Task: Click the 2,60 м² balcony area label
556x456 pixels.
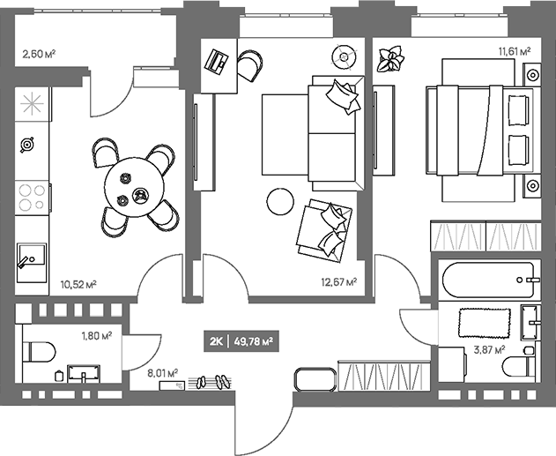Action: [39, 54]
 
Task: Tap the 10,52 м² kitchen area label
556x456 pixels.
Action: [78, 284]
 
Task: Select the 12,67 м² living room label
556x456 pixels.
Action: [339, 282]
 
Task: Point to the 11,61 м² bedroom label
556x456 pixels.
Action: [515, 52]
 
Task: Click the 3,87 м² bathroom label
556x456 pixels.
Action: [489, 350]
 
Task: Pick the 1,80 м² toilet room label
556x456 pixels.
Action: [97, 335]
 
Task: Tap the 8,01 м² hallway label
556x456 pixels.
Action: [163, 373]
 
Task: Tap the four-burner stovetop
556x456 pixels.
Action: [32, 198]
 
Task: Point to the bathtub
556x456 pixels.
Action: [491, 280]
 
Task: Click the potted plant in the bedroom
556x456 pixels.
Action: [390, 59]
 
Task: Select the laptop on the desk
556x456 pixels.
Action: [216, 63]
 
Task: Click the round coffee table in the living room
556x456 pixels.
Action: [280, 201]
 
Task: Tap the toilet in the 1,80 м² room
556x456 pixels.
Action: [39, 352]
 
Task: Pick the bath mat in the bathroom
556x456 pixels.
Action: [485, 323]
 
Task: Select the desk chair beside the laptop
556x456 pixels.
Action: [250, 65]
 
